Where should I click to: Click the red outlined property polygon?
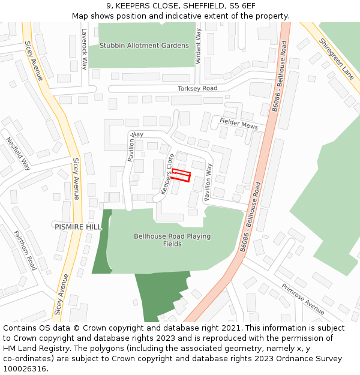(x=181, y=175)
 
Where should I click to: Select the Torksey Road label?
(x=197, y=88)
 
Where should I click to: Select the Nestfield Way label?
(x=19, y=152)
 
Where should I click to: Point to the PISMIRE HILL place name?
(x=78, y=227)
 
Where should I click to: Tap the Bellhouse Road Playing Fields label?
(x=172, y=240)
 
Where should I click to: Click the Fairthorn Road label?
(x=25, y=251)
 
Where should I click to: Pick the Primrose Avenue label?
(x=303, y=299)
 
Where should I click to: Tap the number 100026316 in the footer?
(x=25, y=368)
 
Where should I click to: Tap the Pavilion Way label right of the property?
(x=208, y=182)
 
